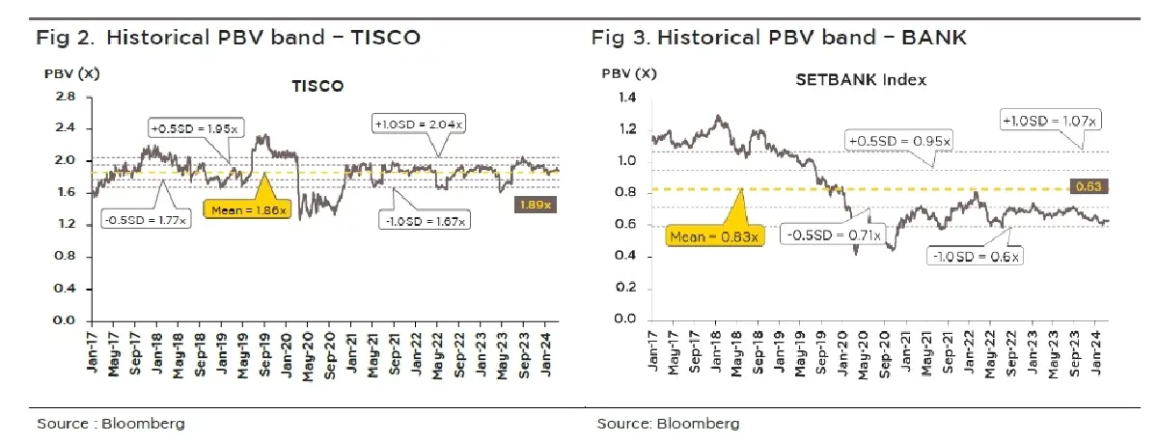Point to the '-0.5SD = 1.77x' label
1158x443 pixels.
[145, 220]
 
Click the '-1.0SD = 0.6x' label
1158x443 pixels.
[977, 257]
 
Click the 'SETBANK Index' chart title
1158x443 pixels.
[860, 80]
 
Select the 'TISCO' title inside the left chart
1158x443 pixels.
[317, 87]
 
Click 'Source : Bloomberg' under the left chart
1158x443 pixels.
[111, 424]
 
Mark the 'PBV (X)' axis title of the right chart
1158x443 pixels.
[629, 73]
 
